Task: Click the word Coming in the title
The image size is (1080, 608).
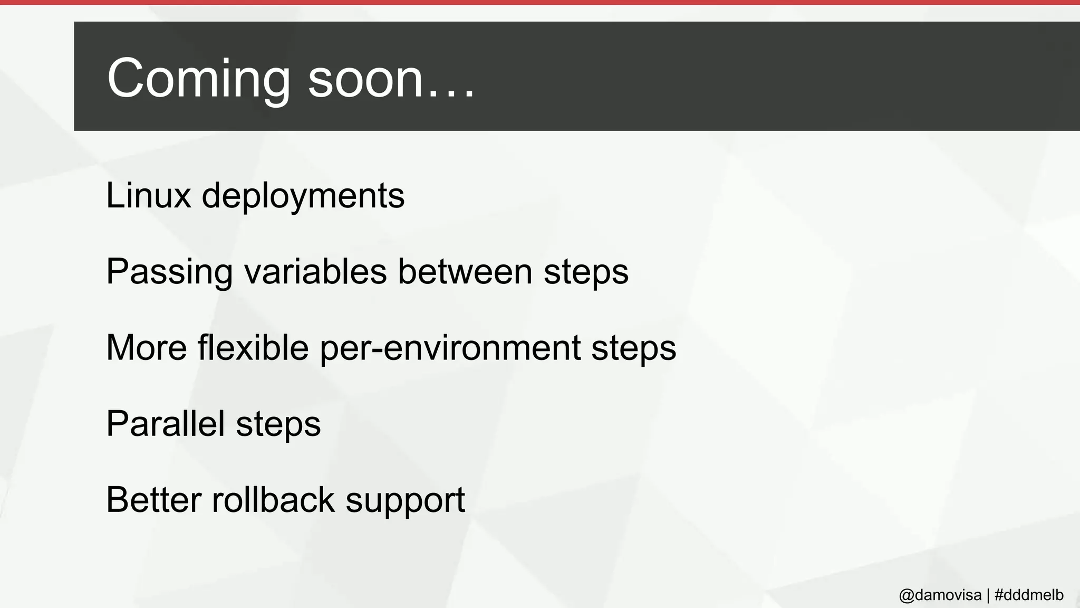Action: pos(198,79)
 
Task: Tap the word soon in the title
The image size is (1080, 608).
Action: pos(365,79)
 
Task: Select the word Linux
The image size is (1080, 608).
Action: pos(148,196)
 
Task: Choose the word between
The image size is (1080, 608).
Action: pos(465,272)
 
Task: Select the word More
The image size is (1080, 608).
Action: pos(147,348)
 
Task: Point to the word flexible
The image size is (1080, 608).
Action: pos(253,348)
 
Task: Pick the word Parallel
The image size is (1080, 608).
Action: pos(165,424)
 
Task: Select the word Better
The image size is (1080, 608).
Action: pos(153,500)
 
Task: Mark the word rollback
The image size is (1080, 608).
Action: pos(273,500)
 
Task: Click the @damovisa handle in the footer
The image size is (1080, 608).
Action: pos(940,595)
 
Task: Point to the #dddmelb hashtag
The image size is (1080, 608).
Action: pos(1029,595)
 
